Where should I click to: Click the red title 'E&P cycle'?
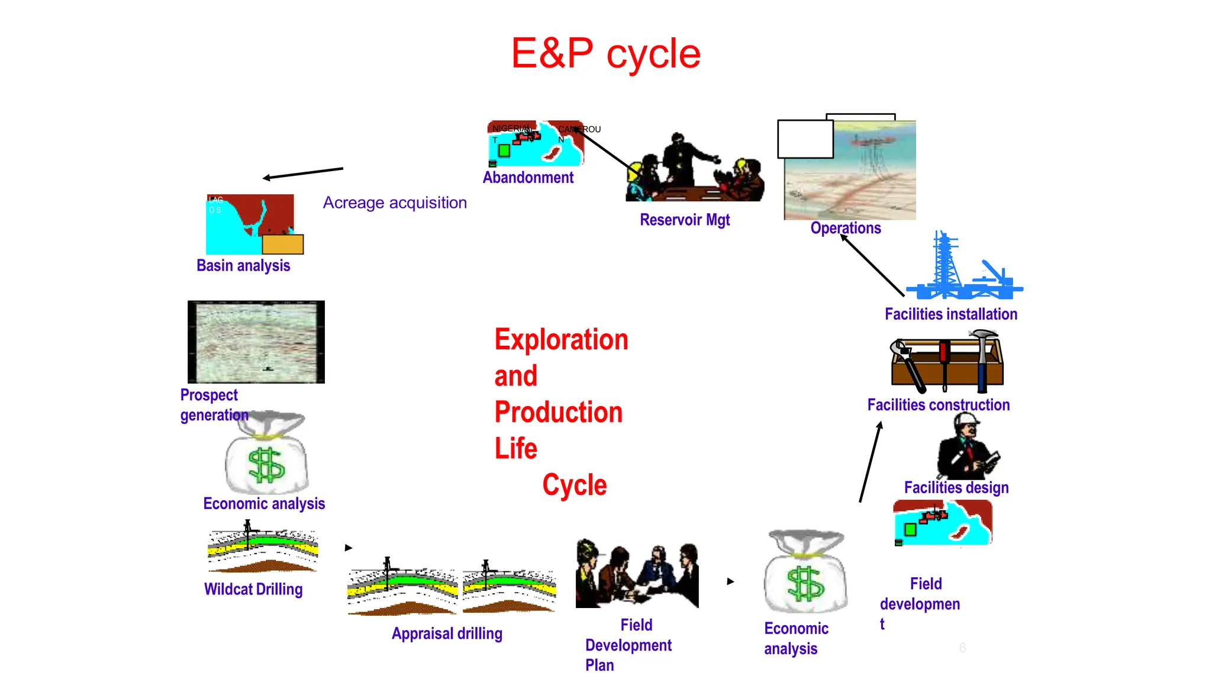pos(605,53)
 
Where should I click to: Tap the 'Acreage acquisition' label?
pos(395,202)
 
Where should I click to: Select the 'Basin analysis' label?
pos(243,265)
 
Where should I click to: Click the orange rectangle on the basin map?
pos(283,244)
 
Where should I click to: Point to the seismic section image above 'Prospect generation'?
pos(256,342)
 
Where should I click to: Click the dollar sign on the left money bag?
pos(266,465)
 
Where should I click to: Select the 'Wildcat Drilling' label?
pos(253,589)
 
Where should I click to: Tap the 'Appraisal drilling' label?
pos(447,633)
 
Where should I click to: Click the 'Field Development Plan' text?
pos(628,645)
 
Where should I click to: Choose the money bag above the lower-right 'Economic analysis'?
pos(805,572)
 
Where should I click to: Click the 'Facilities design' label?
pos(956,487)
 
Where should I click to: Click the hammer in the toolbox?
pos(983,355)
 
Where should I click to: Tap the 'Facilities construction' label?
pos(939,405)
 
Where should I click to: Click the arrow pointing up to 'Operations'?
pos(872,265)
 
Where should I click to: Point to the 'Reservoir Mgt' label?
pos(685,220)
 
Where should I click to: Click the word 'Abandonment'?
pos(528,178)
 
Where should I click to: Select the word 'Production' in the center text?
pos(558,412)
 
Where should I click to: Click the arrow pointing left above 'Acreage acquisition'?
pos(302,173)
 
